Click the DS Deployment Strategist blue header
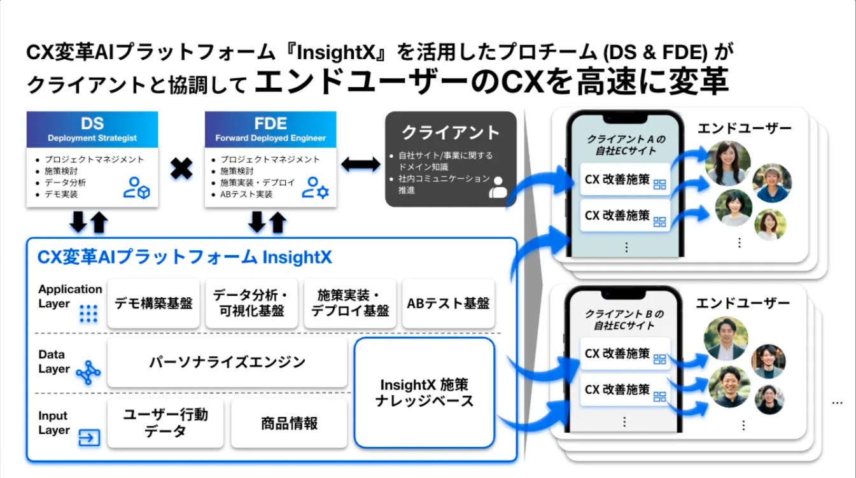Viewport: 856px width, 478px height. [x=92, y=129]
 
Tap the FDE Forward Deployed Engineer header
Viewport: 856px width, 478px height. [x=270, y=129]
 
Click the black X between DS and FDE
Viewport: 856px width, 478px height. [x=181, y=169]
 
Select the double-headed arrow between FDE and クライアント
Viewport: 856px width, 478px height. [x=361, y=164]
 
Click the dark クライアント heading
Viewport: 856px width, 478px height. [x=451, y=132]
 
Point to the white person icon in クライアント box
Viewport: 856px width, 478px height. [x=498, y=187]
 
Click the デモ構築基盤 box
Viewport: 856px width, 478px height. [x=153, y=304]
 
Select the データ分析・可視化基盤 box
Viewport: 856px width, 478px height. [x=250, y=304]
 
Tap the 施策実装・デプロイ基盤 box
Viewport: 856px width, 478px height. [x=349, y=304]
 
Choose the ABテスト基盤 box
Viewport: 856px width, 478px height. [x=448, y=304]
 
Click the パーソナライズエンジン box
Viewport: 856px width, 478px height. [x=227, y=362]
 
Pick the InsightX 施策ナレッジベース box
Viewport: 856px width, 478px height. [x=424, y=393]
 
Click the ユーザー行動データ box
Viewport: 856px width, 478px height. [x=165, y=423]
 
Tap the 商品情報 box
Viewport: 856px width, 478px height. [x=289, y=423]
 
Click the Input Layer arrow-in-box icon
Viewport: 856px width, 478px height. [x=88, y=437]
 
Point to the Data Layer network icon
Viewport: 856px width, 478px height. [x=88, y=373]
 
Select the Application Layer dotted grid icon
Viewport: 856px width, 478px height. [x=88, y=314]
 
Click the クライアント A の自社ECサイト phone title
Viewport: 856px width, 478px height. [x=625, y=144]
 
